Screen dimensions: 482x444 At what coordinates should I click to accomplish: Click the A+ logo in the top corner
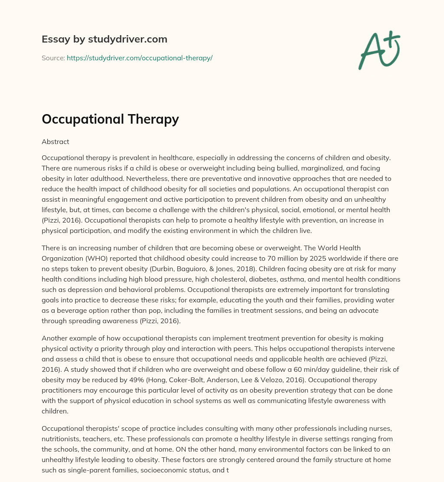pos(379,50)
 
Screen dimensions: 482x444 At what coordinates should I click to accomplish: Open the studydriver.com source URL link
pos(139,58)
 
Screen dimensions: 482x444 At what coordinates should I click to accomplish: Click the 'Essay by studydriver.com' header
pos(104,39)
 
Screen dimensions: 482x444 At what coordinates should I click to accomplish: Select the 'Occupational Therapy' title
pos(110,118)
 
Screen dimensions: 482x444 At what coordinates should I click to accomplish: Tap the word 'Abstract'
pos(55,141)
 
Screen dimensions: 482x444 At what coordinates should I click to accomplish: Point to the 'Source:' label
pos(53,58)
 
